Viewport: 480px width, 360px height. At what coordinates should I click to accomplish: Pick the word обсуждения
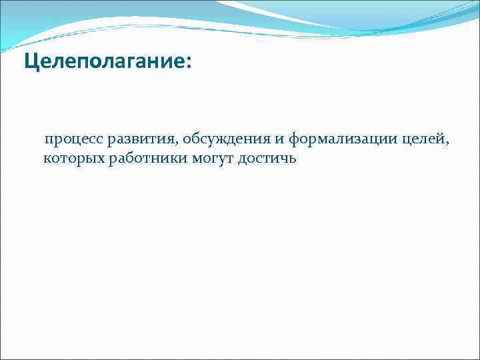223,141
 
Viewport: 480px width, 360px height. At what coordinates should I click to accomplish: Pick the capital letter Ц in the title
31,62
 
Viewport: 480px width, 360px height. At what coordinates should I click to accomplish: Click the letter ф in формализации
294,141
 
